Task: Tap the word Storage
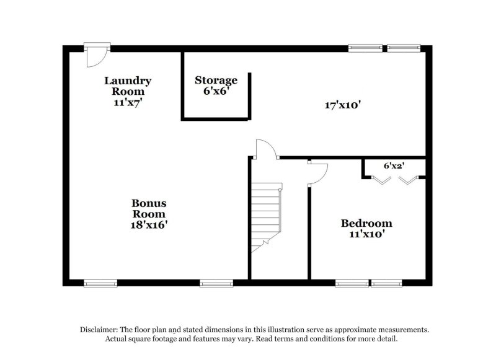tap(216, 80)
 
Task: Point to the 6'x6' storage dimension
tap(216, 91)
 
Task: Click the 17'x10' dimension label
tap(343, 105)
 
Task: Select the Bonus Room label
tap(149, 208)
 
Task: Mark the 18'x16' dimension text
tap(149, 225)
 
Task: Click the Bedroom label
tap(366, 223)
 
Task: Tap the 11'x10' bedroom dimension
tap(366, 235)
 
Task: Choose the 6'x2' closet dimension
tap(393, 166)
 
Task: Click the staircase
tap(266, 217)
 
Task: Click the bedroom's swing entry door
tap(317, 173)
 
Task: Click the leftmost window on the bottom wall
tap(100, 284)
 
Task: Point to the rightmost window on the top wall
tap(404, 47)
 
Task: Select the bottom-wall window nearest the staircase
tap(216, 284)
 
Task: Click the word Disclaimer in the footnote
tap(101, 330)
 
